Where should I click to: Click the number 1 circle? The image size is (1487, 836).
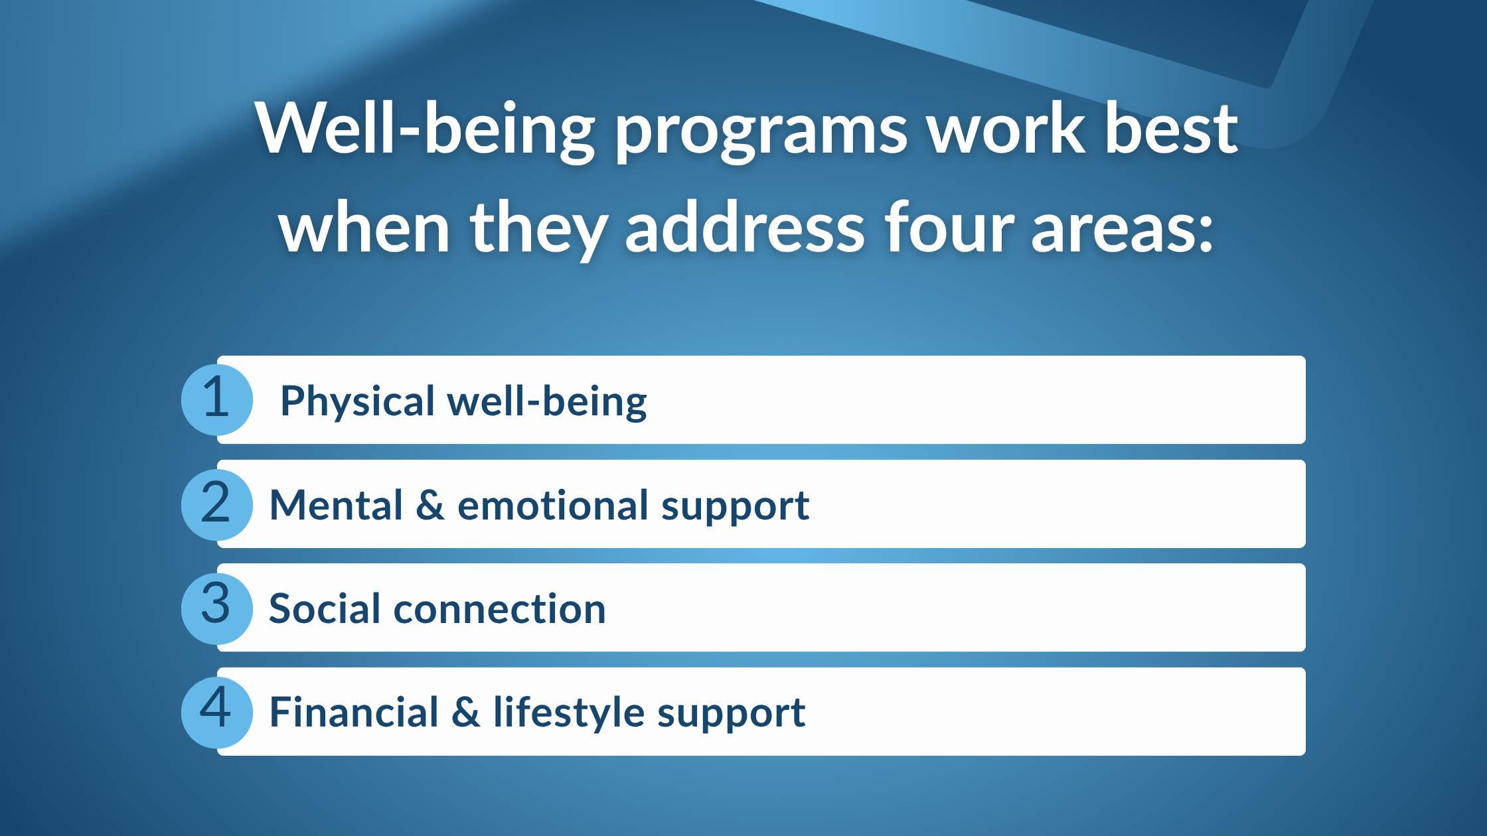(x=216, y=399)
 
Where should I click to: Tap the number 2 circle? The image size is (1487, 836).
(x=216, y=504)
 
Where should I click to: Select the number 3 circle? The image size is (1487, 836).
(x=216, y=608)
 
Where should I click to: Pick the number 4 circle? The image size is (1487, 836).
(x=216, y=712)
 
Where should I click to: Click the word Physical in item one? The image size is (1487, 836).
(x=357, y=402)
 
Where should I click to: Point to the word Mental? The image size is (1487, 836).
(x=336, y=506)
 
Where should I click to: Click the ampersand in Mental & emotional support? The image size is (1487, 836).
(x=430, y=506)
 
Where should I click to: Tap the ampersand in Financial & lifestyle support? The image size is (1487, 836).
(x=466, y=713)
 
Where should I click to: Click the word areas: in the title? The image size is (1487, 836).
(x=1122, y=229)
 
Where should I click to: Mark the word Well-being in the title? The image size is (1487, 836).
(x=425, y=130)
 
